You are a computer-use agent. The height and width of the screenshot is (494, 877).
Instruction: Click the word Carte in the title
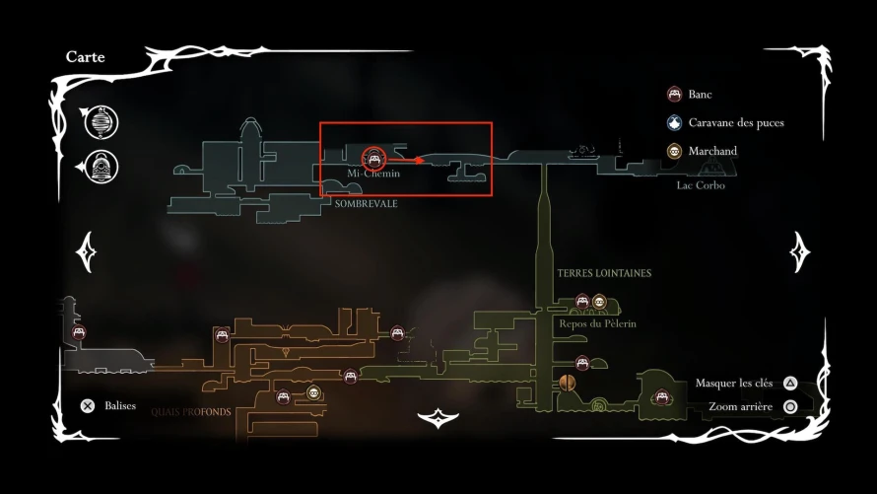85,56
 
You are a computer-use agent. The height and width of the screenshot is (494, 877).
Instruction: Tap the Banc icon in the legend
675,94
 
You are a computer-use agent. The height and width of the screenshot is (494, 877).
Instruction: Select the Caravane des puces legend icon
675,122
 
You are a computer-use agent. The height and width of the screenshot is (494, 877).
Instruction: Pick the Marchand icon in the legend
675,151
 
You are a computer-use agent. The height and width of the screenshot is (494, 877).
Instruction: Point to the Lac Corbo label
701,185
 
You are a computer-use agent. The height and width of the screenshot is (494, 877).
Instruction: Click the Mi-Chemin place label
373,174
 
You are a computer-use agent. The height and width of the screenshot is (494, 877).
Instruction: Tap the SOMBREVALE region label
367,204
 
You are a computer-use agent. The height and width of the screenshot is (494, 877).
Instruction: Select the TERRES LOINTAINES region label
604,273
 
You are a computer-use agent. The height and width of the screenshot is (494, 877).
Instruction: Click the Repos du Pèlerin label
597,323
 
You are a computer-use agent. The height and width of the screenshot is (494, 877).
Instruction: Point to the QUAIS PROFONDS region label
191,412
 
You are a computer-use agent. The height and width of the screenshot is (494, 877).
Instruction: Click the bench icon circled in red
373,159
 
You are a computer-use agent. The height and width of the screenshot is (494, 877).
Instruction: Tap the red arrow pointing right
406,161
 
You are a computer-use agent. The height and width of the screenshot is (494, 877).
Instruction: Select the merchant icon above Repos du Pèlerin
599,302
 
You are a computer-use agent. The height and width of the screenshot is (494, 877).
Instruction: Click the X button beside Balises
88,406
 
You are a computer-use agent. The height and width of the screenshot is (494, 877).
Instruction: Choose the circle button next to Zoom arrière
789,406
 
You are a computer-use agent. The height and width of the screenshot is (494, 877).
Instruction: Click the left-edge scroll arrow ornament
86,252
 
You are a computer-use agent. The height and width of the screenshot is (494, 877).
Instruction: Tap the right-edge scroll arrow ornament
800,252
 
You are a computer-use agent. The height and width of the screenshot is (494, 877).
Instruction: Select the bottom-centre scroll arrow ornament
438,418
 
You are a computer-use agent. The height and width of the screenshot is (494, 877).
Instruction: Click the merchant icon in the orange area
313,392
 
